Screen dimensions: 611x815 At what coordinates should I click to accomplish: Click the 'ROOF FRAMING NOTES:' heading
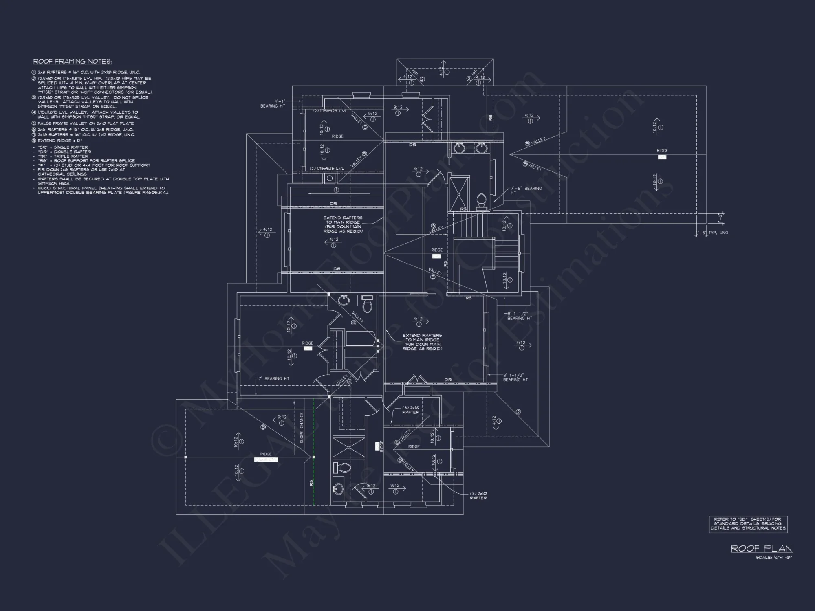coord(73,62)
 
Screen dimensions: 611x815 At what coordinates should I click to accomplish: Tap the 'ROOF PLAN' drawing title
coord(761,548)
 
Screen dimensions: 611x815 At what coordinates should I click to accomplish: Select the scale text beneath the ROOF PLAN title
coord(773,558)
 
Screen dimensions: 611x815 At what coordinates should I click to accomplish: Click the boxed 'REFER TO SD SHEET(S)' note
coord(748,524)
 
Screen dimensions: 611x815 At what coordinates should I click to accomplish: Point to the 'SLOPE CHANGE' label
coord(302,428)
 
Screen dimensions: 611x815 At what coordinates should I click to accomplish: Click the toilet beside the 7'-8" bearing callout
coord(481,201)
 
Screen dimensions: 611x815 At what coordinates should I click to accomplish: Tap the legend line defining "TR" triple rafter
coord(63,156)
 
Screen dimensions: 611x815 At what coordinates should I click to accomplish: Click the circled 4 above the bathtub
coord(353,323)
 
